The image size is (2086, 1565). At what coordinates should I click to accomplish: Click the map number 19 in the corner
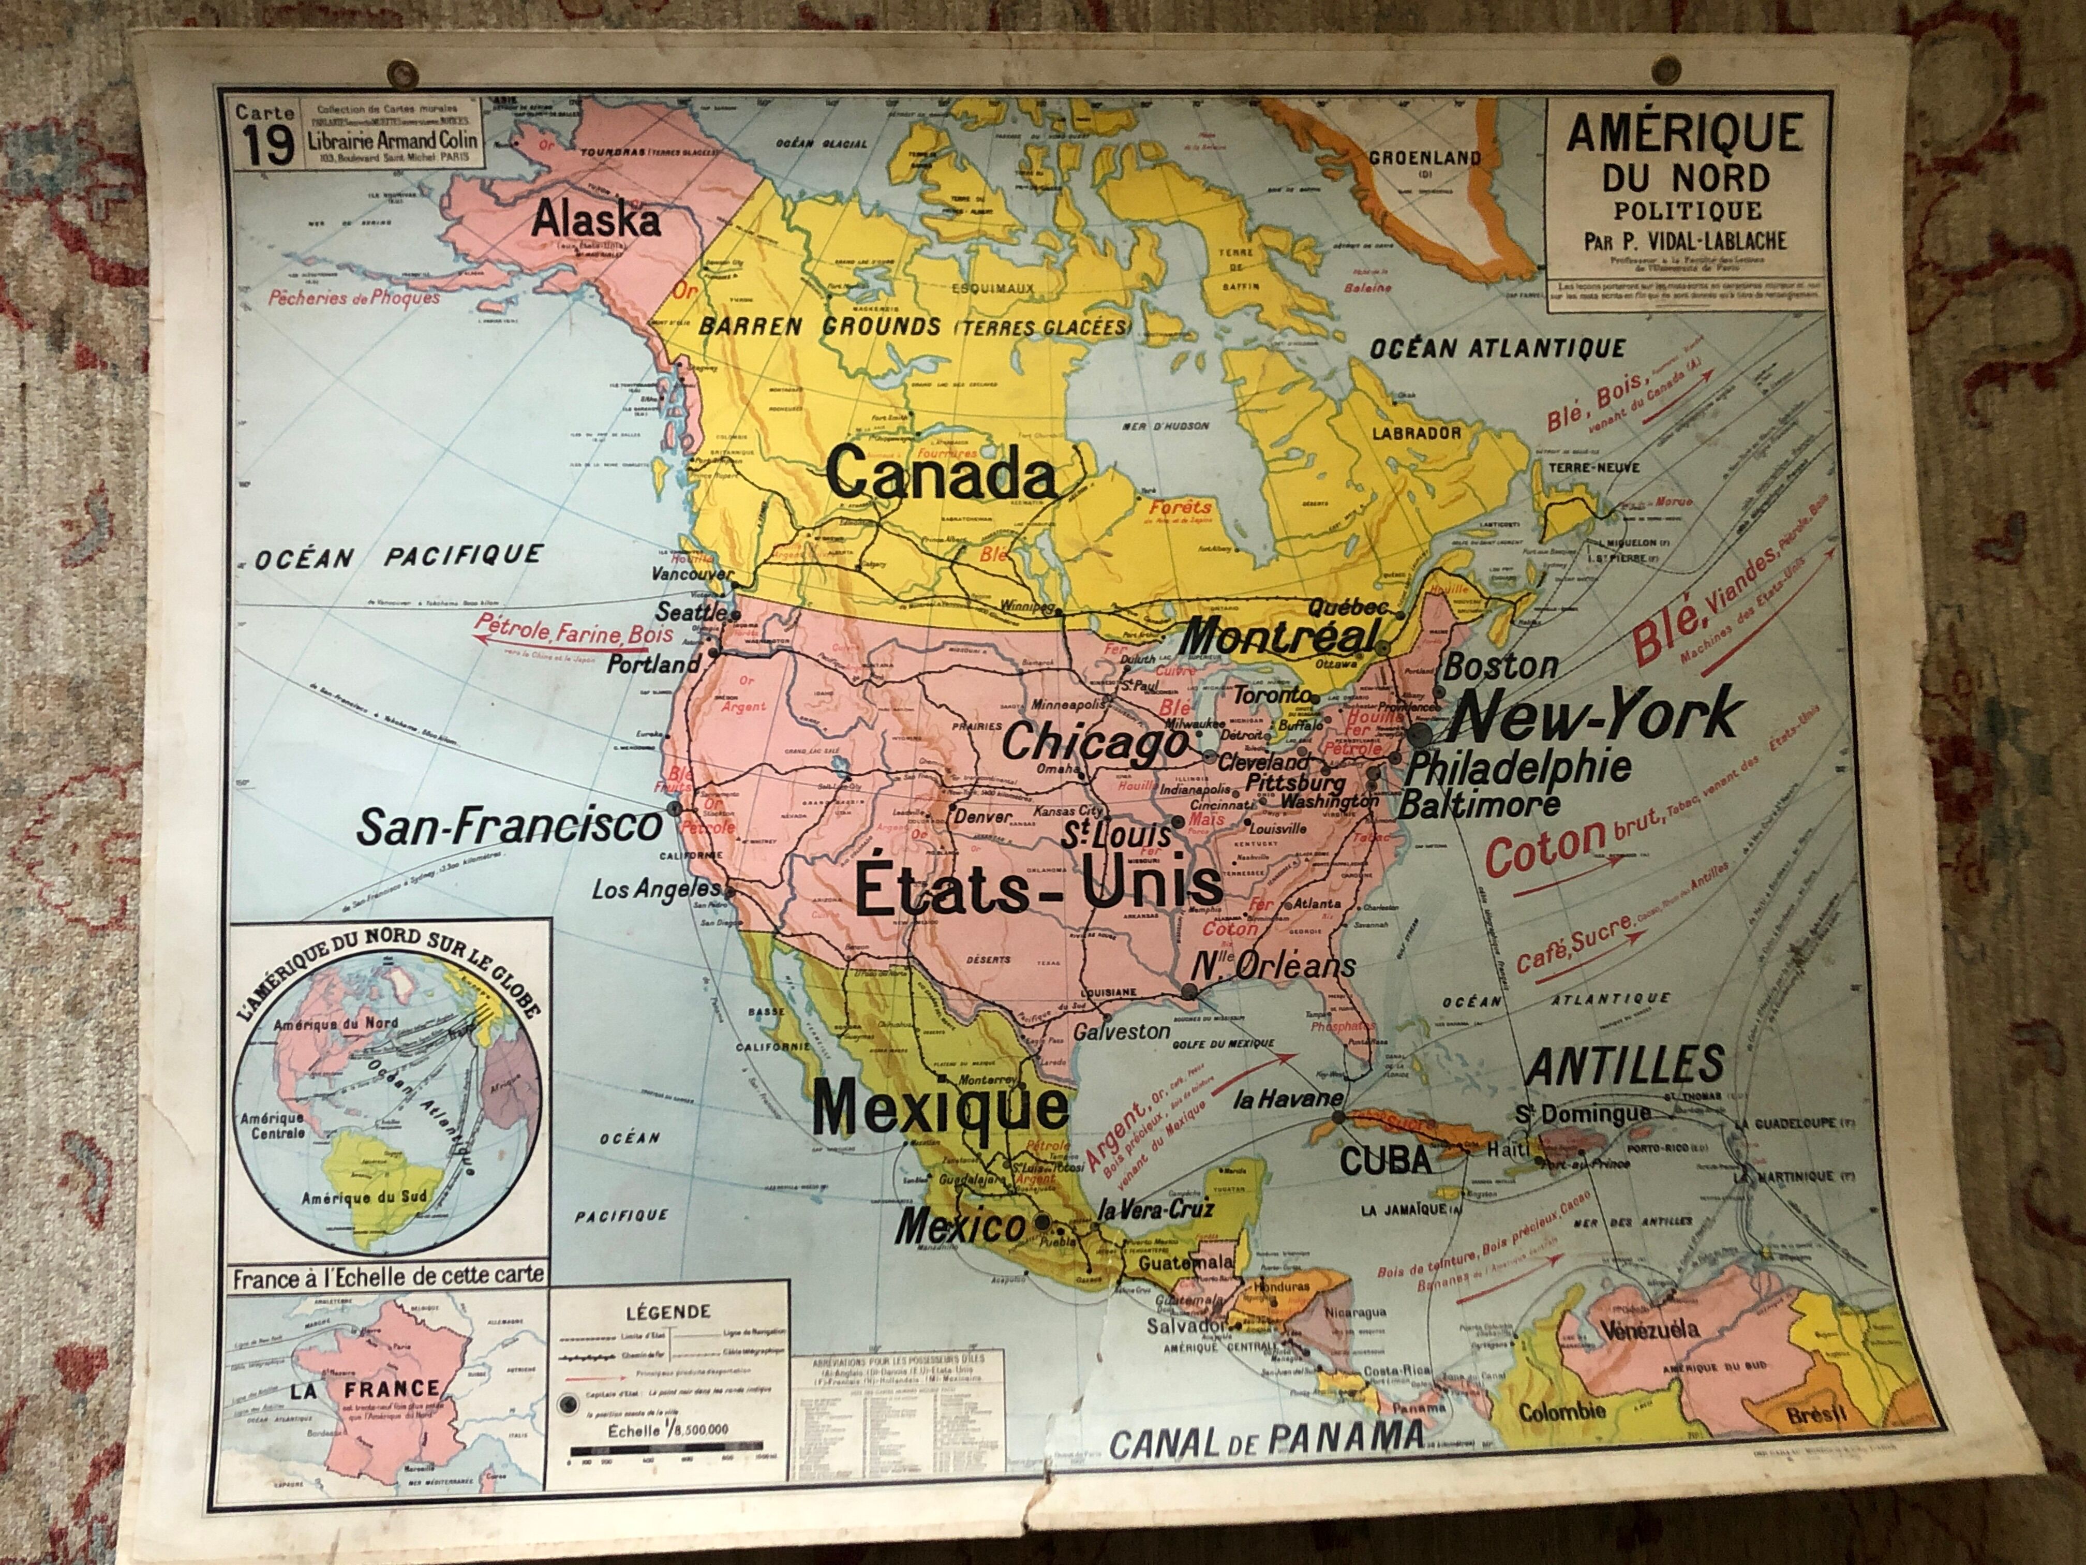pos(267,146)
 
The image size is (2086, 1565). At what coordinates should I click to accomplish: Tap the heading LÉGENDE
pos(668,1311)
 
